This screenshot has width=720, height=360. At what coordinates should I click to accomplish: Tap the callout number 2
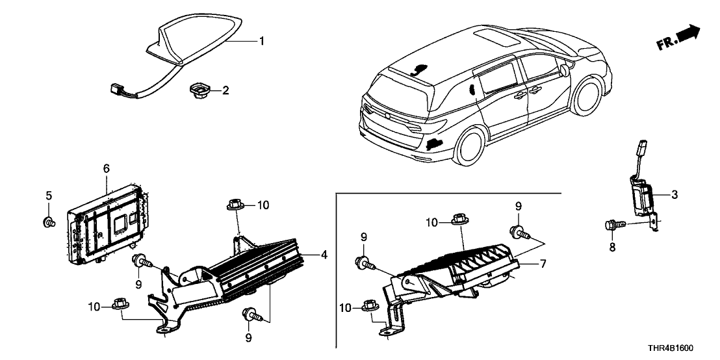(x=225, y=90)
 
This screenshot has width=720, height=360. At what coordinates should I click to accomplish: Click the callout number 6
(x=107, y=168)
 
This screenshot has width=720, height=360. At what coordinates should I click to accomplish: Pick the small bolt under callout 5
(x=49, y=223)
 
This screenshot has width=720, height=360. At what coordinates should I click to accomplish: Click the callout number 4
(x=324, y=255)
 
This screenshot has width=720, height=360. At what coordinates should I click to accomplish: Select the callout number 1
(x=261, y=42)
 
